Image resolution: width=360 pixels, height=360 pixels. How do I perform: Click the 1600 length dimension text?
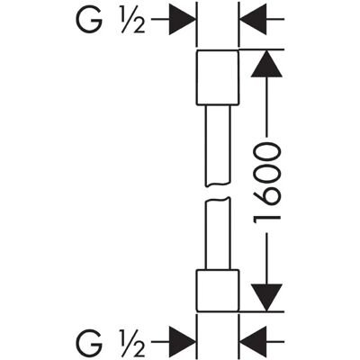coord(266,183)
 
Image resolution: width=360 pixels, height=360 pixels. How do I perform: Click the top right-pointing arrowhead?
coord(182,19)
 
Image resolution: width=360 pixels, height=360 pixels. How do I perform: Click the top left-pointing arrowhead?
coord(253,19)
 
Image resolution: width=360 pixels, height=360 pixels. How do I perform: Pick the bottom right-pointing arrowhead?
coord(182,342)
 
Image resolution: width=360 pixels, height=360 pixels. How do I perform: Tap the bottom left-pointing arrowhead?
coord(253,342)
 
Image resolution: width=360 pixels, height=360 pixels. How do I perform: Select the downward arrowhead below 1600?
coord(266,298)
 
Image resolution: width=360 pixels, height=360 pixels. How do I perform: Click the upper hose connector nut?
coord(218,77)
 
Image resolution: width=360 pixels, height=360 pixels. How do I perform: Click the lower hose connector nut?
coord(218,290)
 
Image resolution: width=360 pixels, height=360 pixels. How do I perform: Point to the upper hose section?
coord(218,146)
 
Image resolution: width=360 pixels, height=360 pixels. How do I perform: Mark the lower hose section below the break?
coord(218,233)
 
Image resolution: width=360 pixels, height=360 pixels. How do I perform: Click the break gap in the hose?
coord(218,192)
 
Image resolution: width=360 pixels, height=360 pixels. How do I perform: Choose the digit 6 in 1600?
coord(266,195)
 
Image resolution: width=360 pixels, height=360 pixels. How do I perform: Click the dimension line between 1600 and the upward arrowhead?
coord(266,108)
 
